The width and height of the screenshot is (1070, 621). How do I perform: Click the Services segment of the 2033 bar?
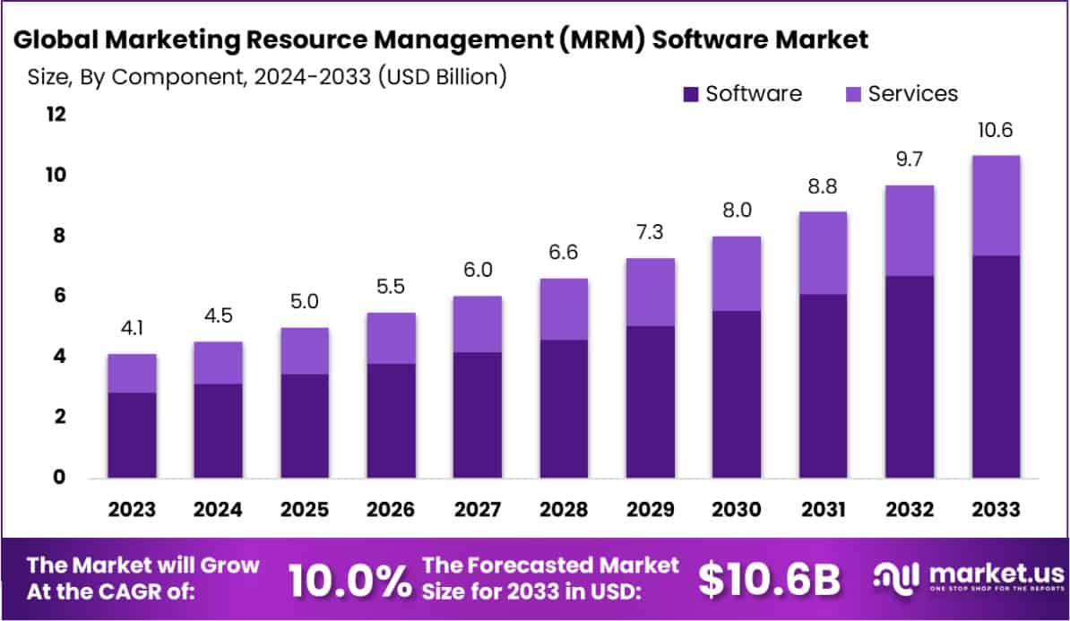(996, 205)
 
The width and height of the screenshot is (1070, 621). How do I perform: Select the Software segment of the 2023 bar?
(133, 435)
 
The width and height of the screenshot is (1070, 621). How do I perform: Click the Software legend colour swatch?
(690, 94)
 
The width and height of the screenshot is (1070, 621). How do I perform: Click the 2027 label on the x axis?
(478, 510)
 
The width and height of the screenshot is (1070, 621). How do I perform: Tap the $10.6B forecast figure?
(770, 580)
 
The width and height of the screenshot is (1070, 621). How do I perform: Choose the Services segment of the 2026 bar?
(391, 338)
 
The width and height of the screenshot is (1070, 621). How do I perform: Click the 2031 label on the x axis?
(824, 510)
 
